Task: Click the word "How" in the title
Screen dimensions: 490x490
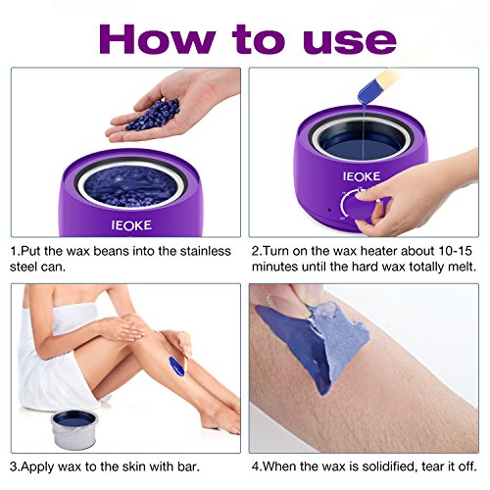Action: click(x=157, y=39)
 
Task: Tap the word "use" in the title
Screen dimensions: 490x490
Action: click(x=349, y=43)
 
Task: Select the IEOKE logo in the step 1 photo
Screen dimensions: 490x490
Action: click(x=131, y=225)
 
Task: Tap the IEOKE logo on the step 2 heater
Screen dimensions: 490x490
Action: click(x=362, y=176)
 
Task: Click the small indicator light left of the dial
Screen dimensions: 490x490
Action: click(x=329, y=210)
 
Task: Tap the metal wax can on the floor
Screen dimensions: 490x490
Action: click(x=74, y=428)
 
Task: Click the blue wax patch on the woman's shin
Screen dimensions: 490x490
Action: click(x=176, y=367)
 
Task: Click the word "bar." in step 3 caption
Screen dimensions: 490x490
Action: click(x=188, y=466)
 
